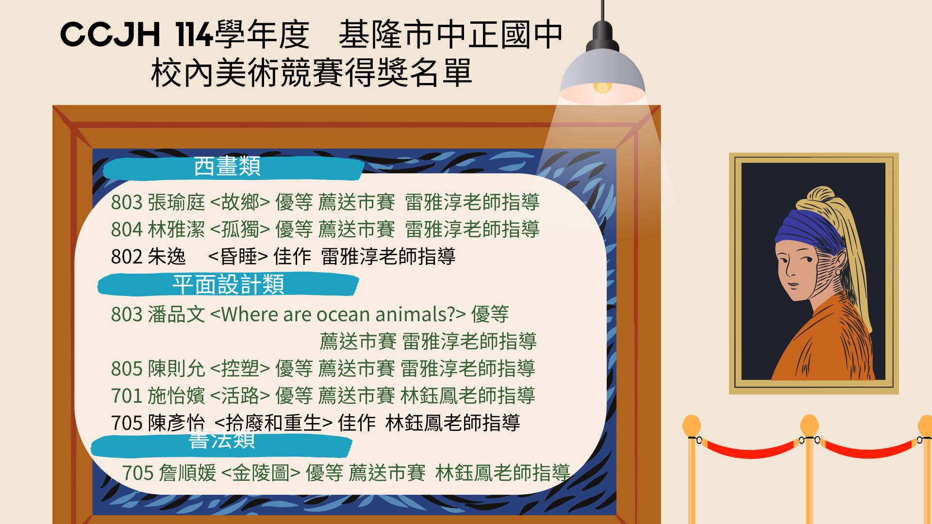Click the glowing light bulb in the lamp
[x=602, y=87]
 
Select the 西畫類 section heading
[x=227, y=166]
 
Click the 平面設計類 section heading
[x=228, y=284]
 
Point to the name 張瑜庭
[x=176, y=202]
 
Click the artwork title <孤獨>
[x=240, y=229]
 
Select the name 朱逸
[x=166, y=257]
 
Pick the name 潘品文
[x=176, y=314]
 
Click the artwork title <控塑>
[x=240, y=369]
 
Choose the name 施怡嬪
[x=176, y=396]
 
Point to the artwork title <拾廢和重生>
[x=273, y=423]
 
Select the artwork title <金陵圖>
[x=261, y=473]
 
